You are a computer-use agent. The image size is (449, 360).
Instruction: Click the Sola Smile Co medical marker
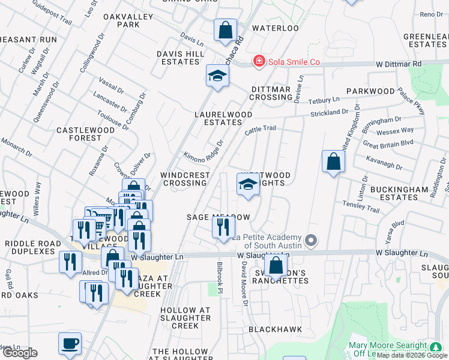click(x=259, y=61)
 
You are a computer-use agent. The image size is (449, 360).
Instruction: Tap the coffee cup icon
click(x=70, y=343)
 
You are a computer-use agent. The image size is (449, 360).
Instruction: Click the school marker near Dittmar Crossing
click(x=217, y=76)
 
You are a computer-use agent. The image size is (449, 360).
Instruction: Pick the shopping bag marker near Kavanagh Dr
click(x=333, y=161)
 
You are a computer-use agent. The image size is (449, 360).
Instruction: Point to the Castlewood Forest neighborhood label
click(x=79, y=134)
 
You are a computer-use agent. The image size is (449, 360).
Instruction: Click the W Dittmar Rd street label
click(x=399, y=64)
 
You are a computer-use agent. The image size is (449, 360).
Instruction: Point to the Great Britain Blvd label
click(x=388, y=143)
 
